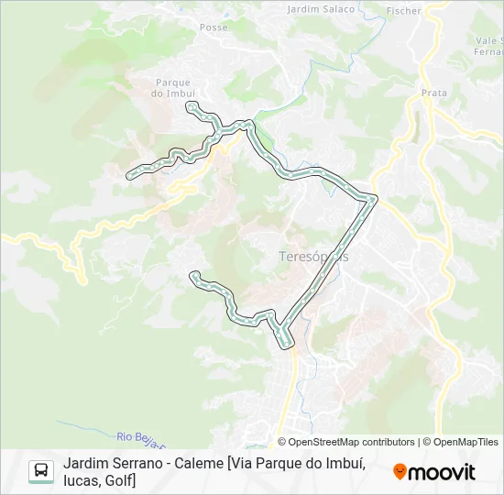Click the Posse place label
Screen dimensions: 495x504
[x=213, y=27]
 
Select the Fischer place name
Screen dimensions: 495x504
[x=404, y=11]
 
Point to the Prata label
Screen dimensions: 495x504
[x=433, y=93]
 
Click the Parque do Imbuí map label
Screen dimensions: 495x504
[x=174, y=87]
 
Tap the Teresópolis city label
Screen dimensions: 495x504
[x=313, y=257]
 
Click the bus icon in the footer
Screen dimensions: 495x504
[x=41, y=471]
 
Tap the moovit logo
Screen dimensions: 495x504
[x=434, y=472]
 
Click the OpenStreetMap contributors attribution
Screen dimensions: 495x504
[x=346, y=442]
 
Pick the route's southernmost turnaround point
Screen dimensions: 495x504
[x=286, y=345]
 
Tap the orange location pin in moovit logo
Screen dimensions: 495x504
[x=400, y=472]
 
